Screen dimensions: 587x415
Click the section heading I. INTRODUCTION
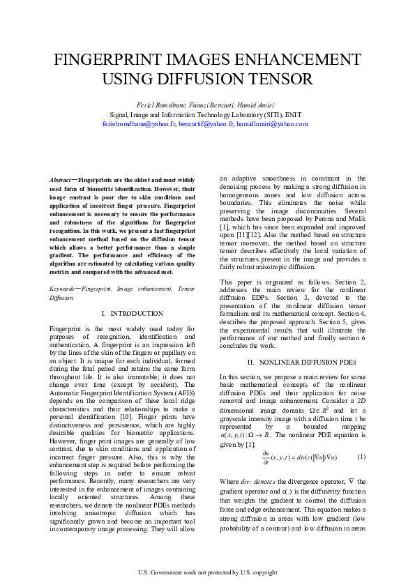click(132, 314)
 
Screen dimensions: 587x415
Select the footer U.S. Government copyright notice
click(207, 573)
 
